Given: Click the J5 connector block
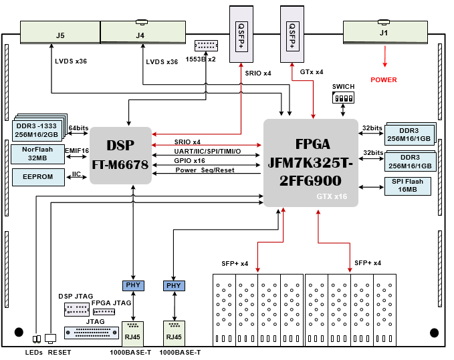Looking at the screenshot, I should pyautogui.click(x=60, y=34).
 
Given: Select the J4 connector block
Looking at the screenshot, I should pyautogui.click(x=139, y=34).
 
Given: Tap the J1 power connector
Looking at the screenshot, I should pyautogui.click(x=384, y=33).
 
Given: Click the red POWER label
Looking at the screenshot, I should pyautogui.click(x=384, y=80).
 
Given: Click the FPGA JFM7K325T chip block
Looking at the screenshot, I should pyautogui.click(x=311, y=163).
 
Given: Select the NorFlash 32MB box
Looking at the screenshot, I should pyautogui.click(x=37, y=154).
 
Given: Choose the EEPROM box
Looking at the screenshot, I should pyautogui.click(x=37, y=177).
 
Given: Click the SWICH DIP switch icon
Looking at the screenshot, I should pyautogui.click(x=343, y=98).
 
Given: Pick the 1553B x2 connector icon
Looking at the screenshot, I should pyautogui.click(x=206, y=45).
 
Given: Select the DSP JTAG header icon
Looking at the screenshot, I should pyautogui.click(x=77, y=309).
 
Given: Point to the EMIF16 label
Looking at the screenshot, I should pyautogui.click(x=77, y=151).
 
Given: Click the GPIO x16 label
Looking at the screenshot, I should pyautogui.click(x=189, y=161).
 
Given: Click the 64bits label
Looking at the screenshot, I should pyautogui.click(x=78, y=128).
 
